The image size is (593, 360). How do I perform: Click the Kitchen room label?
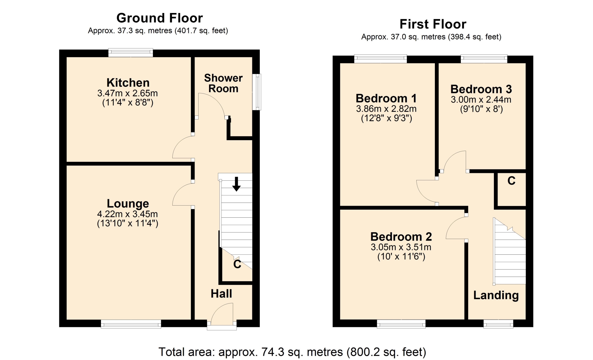point(128,83)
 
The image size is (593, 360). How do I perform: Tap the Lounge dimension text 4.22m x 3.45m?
point(128,214)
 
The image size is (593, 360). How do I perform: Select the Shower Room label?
point(223,83)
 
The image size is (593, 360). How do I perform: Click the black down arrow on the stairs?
point(236,184)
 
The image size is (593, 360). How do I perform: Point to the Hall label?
point(221,294)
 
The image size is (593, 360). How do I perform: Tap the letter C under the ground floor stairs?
point(237,264)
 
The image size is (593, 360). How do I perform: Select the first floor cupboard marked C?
point(511,189)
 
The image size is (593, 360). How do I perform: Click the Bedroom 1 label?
point(386,98)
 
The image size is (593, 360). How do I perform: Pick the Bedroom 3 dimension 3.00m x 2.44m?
point(481,100)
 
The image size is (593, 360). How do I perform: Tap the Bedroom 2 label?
point(401,237)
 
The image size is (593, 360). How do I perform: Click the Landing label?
point(496,295)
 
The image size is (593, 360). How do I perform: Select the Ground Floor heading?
point(160,18)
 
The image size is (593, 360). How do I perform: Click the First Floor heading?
point(433,24)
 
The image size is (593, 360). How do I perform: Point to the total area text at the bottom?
point(292,352)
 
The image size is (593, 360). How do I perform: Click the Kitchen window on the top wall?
point(131,53)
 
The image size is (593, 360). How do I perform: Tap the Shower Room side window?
point(256,92)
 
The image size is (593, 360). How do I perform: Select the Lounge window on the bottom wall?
point(131,324)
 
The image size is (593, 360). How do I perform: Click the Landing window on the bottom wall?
point(498,324)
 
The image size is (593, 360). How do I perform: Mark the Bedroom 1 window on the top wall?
point(381,59)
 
